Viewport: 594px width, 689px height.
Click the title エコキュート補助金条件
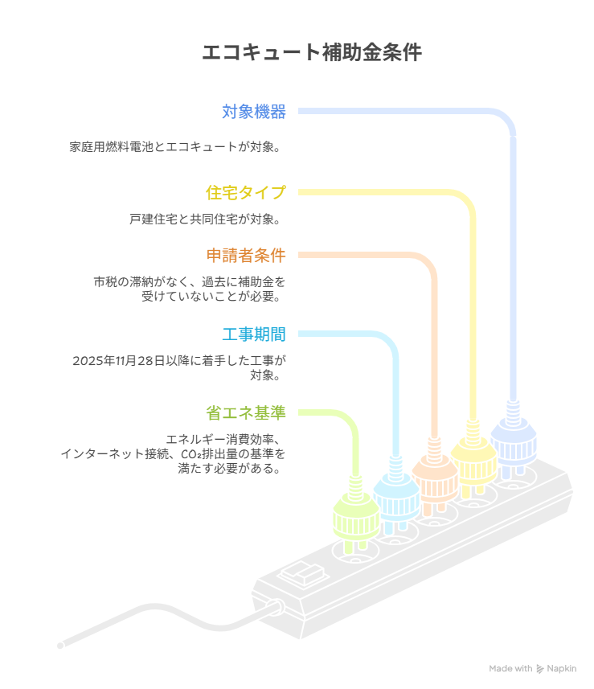click(310, 53)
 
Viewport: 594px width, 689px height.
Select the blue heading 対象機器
click(254, 112)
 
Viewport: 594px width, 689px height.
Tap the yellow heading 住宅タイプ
click(246, 192)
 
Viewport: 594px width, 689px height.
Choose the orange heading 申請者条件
click(246, 256)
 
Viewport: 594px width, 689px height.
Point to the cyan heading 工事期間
click(254, 334)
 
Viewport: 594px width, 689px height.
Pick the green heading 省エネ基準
click(246, 413)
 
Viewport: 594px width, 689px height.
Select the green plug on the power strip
click(355, 519)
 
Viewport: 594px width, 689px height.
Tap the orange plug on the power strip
click(434, 479)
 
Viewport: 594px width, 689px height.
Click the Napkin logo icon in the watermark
click(539, 669)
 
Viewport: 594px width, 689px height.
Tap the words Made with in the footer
click(510, 669)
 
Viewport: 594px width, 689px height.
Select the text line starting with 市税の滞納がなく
click(189, 282)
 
